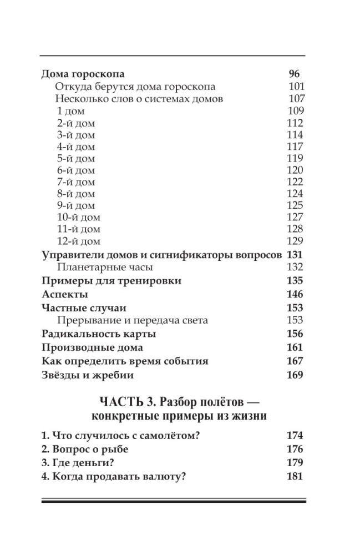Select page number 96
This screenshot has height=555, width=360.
tap(294, 74)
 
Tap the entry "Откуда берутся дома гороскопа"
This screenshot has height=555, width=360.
tap(135, 87)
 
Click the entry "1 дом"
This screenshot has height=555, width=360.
tap(70, 111)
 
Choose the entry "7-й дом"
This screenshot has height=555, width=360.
tap(75, 182)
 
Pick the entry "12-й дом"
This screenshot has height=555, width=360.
tap(78, 241)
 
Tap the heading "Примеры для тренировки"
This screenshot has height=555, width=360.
tap(111, 281)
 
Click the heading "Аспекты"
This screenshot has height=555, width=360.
tap(65, 294)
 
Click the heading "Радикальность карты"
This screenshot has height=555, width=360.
tap(99, 334)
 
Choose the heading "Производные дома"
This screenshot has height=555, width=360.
tap(93, 347)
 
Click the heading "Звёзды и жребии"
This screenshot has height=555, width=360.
tap(88, 375)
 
